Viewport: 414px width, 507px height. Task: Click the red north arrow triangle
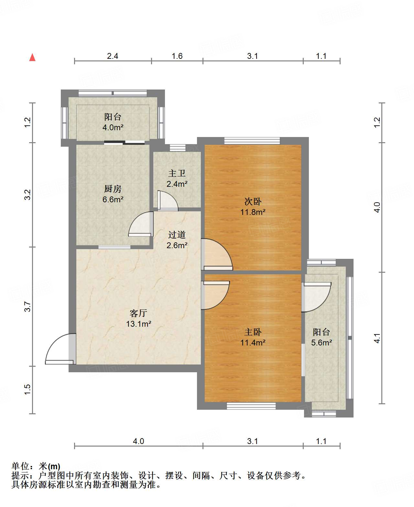(x=32, y=58)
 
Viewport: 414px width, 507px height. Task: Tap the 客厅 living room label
(x=138, y=313)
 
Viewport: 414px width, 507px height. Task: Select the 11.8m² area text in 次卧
(x=253, y=212)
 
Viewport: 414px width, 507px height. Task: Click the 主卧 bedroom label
(x=253, y=332)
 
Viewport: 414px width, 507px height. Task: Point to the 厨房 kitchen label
(x=113, y=189)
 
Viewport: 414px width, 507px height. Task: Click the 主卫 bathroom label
(x=177, y=173)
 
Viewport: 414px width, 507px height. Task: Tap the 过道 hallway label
(x=177, y=235)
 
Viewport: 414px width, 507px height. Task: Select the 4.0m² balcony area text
(x=113, y=127)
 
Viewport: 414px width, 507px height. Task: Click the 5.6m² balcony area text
(x=321, y=343)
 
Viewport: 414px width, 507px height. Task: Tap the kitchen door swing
(x=141, y=224)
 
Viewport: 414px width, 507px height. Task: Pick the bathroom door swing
(x=168, y=201)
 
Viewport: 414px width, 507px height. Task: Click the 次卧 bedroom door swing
(x=217, y=254)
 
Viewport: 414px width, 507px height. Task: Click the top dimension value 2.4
(x=113, y=56)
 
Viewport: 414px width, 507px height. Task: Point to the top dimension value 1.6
(x=177, y=56)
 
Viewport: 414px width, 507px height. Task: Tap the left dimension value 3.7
(x=28, y=307)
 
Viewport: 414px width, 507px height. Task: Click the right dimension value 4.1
(x=377, y=338)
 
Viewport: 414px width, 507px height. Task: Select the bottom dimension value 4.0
(x=138, y=441)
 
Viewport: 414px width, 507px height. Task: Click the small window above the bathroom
(x=178, y=148)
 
